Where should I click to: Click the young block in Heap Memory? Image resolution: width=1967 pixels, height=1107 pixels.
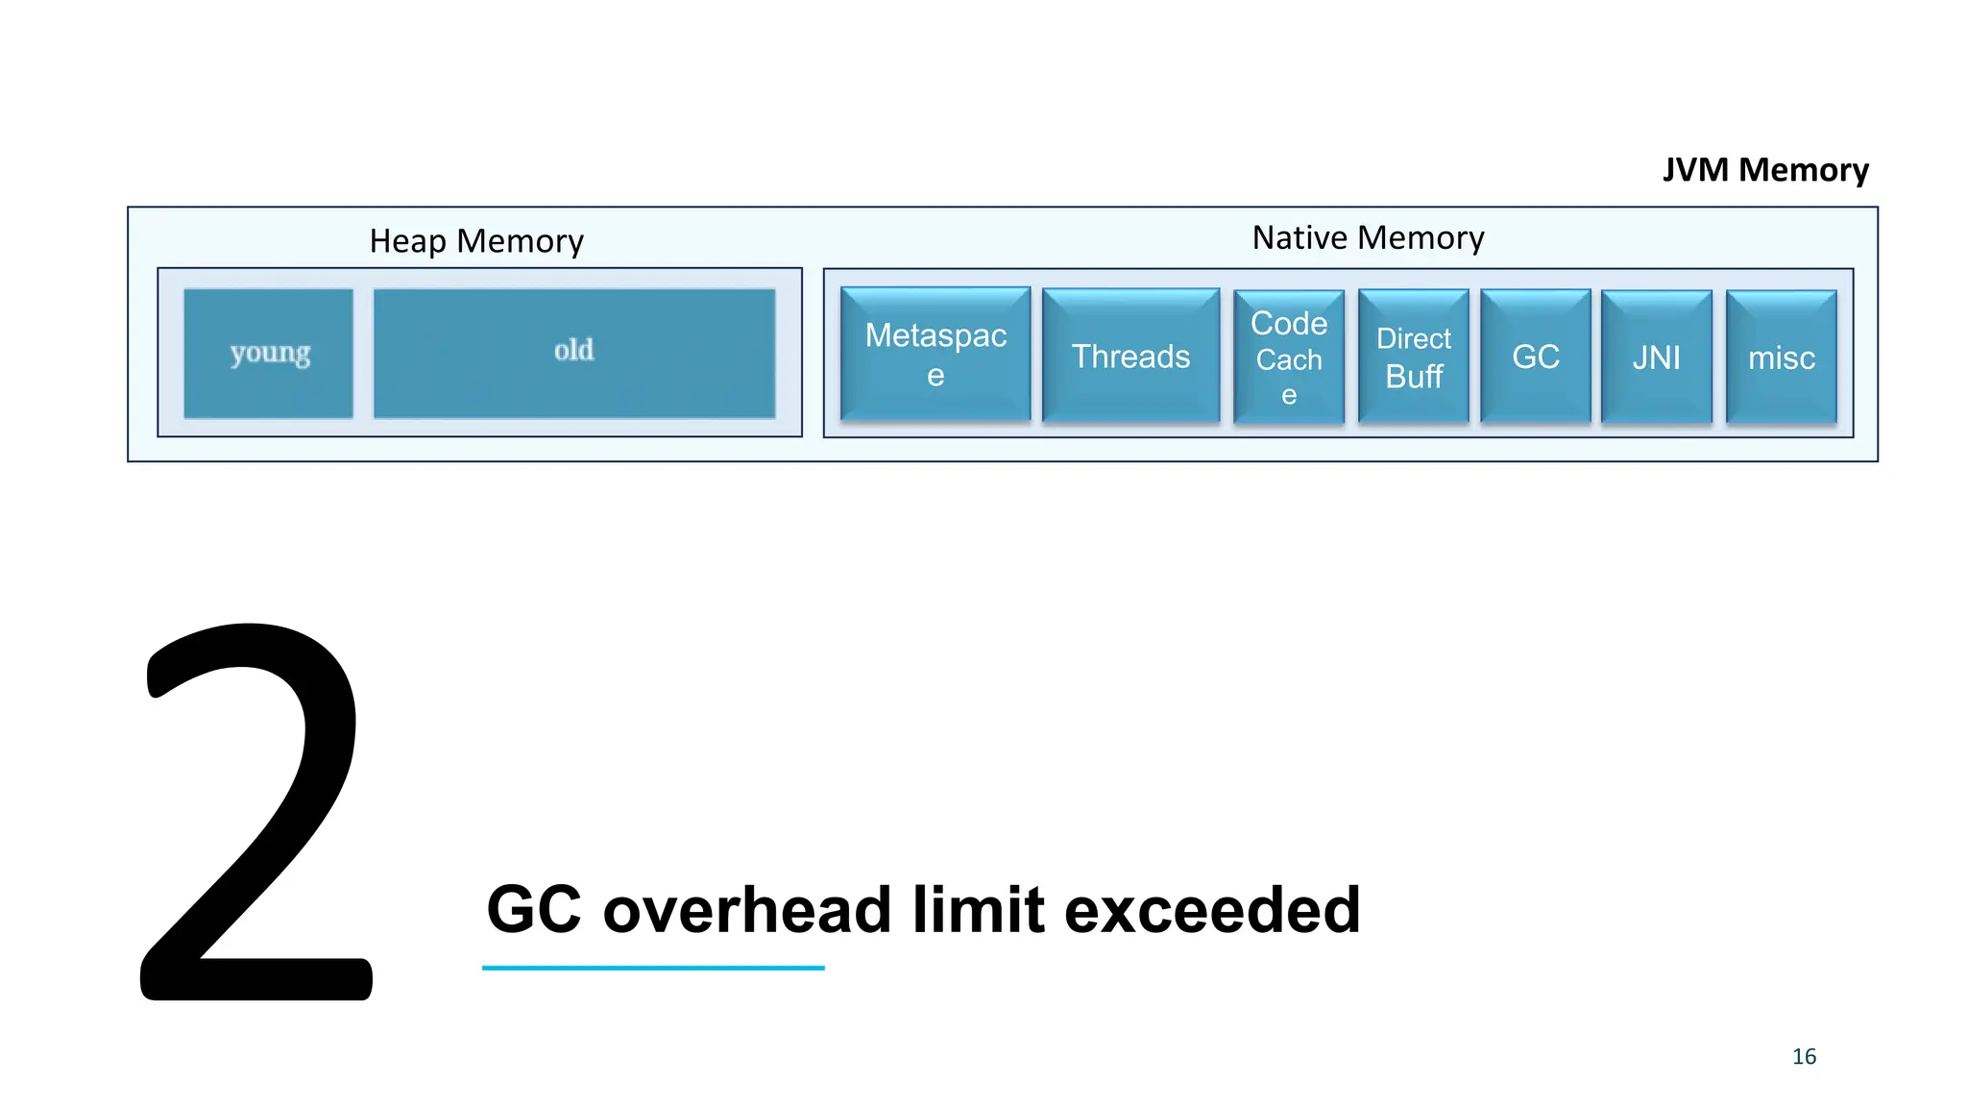click(x=268, y=354)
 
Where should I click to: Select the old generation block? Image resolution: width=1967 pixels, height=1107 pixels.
click(x=573, y=353)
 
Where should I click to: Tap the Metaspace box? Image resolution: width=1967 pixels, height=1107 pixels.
click(x=935, y=355)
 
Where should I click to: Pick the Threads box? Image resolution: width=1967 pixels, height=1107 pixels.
click(x=1130, y=357)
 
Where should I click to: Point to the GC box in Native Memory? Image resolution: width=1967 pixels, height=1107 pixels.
click(x=1535, y=357)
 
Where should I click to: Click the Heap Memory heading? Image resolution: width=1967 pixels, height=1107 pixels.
click(x=476, y=240)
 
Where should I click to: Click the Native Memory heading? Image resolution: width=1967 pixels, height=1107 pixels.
click(x=1368, y=237)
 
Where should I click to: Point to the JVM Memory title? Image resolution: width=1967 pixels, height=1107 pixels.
click(x=1764, y=170)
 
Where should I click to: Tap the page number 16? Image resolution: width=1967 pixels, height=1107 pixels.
click(x=1804, y=1056)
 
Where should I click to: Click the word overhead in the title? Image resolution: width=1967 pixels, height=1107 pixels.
click(x=746, y=910)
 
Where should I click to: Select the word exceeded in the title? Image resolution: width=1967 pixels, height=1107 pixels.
click(x=1211, y=910)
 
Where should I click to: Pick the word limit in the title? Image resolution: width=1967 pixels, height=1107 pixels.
click(x=978, y=910)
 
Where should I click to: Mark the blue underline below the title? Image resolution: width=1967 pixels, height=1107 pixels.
click(x=653, y=968)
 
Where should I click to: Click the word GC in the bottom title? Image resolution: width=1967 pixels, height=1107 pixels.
click(x=534, y=910)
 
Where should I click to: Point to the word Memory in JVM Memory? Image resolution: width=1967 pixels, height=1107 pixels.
click(x=1803, y=170)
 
